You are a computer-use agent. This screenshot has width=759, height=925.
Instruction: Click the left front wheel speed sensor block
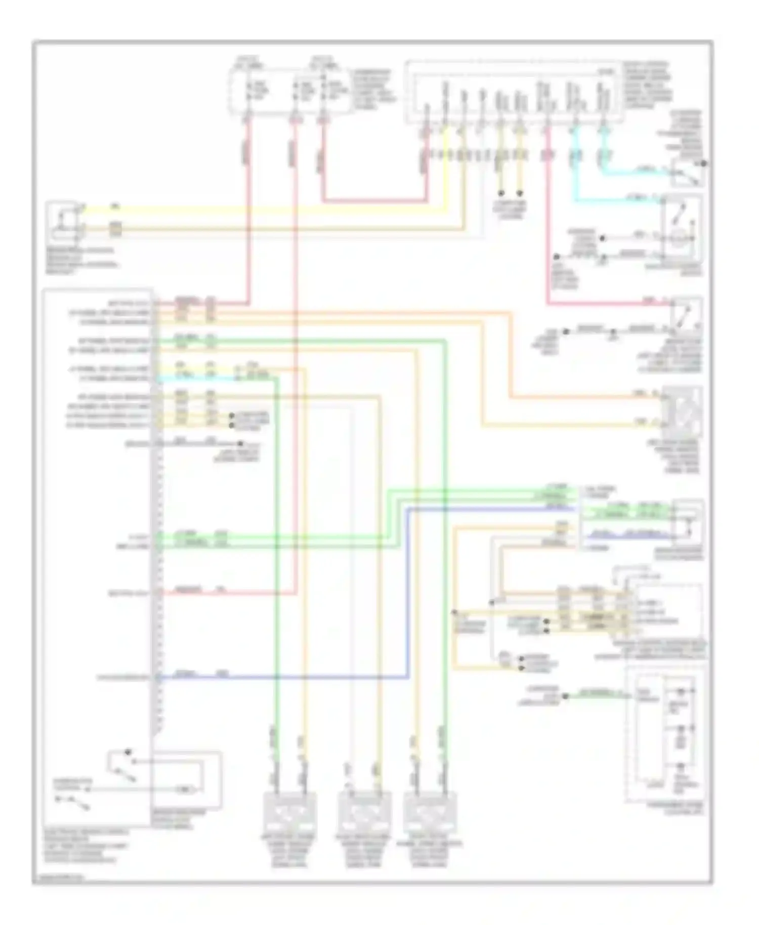[290, 811]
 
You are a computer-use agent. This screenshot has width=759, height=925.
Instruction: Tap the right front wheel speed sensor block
[430, 811]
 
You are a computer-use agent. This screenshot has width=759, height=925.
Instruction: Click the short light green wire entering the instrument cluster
[597, 696]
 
